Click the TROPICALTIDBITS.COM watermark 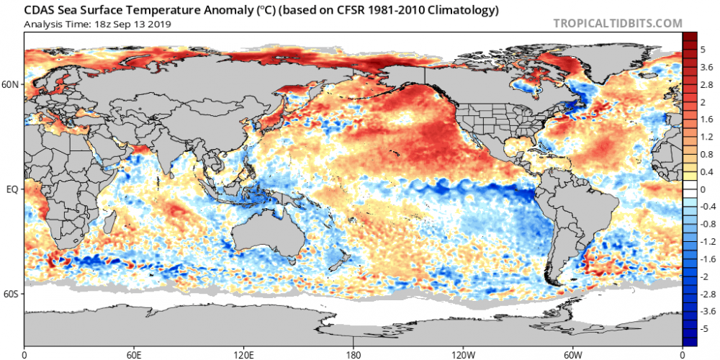[617, 24]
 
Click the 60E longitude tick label [134, 355]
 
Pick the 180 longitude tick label [354, 355]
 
